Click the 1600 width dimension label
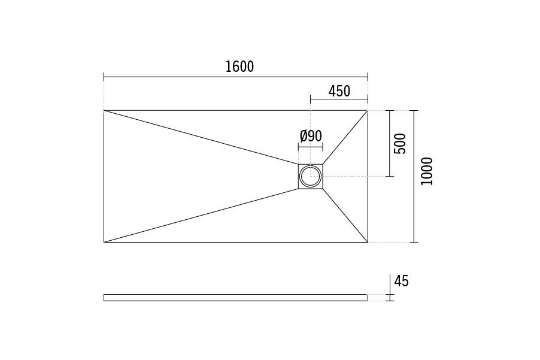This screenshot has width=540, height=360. [239, 66]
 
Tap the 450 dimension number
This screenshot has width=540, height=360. [339, 91]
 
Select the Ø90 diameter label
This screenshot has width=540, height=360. [311, 136]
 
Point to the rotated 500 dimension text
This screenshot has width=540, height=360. [400, 144]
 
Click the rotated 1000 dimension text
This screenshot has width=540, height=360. [427, 171]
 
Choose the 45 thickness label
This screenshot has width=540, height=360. [401, 281]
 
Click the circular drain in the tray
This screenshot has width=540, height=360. [311, 176]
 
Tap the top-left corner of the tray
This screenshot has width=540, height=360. [104, 111]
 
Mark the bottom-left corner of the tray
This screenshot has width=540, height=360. [104, 242]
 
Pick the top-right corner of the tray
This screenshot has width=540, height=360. [368, 111]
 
